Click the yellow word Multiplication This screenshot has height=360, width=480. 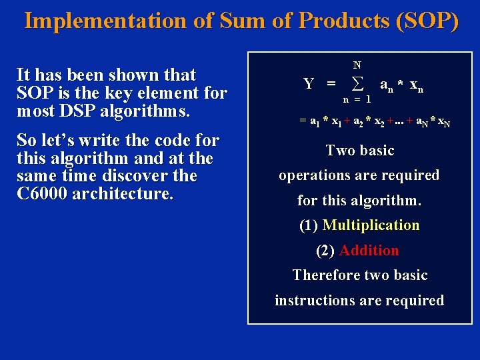(x=371, y=225)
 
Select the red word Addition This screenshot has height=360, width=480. (x=369, y=251)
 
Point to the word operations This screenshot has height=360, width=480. (x=314, y=175)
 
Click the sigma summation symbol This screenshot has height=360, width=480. (x=357, y=83)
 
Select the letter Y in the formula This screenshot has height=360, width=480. (x=309, y=84)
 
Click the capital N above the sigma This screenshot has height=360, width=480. (x=357, y=65)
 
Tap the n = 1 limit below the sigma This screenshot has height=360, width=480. (x=357, y=99)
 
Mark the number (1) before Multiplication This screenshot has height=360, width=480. (x=309, y=225)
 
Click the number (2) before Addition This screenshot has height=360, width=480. (x=325, y=251)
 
